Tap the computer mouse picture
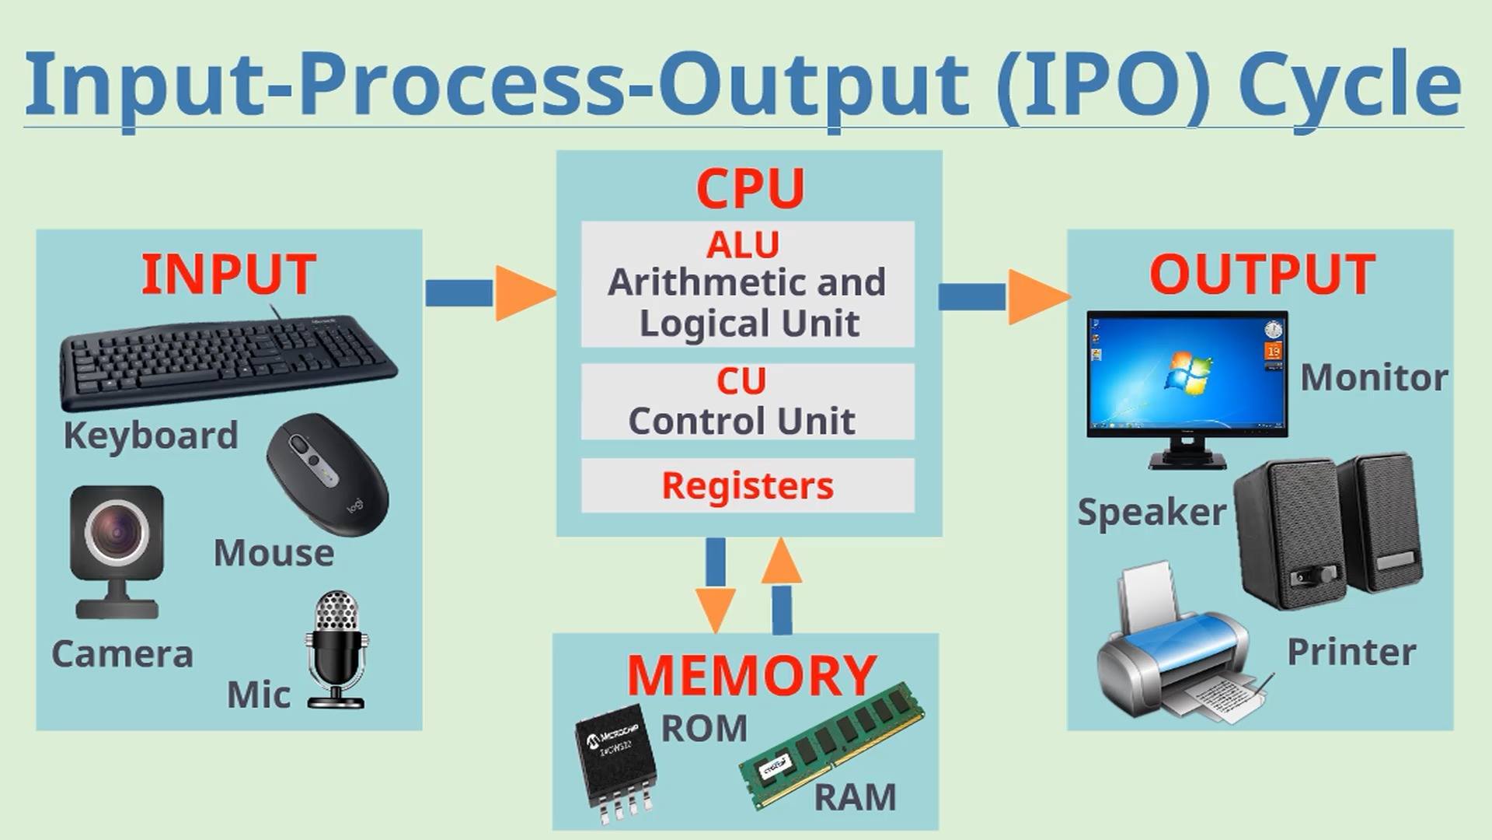tap(327, 474)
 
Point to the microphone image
tap(336, 650)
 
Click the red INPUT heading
tap(228, 275)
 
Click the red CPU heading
tap(750, 188)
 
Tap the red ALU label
tap(743, 245)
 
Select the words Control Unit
tap(741, 421)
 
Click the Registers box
tap(748, 485)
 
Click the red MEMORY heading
tap(751, 675)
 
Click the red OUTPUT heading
tap(1262, 275)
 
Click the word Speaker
tap(1152, 513)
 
